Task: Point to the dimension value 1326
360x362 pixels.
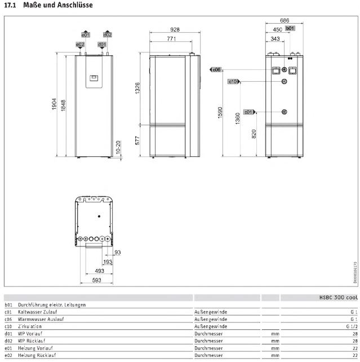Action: click(138, 89)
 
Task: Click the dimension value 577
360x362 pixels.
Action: click(138, 140)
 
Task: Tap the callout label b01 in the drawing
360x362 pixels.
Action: click(290, 28)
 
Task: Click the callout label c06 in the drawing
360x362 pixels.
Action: click(217, 69)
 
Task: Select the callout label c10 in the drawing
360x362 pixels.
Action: click(234, 82)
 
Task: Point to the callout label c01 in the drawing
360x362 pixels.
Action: click(249, 112)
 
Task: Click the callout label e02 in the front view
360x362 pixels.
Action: click(80, 44)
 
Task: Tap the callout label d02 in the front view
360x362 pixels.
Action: click(108, 34)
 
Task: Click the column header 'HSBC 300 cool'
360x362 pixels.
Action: click(337, 297)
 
